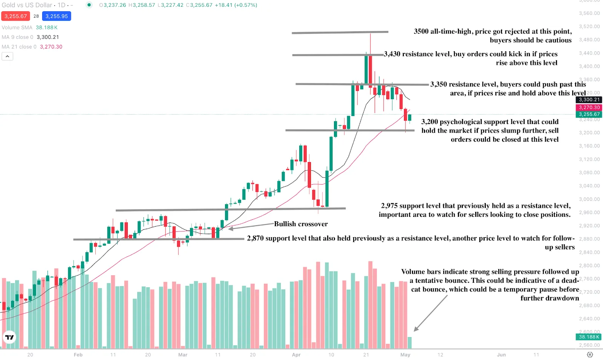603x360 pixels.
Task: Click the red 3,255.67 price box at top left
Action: click(x=15, y=16)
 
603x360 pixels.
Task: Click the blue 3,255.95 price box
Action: click(x=57, y=16)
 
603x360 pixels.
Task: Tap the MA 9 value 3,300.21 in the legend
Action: click(x=48, y=37)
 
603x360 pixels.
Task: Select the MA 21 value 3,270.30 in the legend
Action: click(x=51, y=47)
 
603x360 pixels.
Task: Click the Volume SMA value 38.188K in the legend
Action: click(x=47, y=28)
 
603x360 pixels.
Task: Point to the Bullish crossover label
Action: click(x=301, y=224)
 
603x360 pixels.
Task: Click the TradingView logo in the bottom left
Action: click(x=9, y=337)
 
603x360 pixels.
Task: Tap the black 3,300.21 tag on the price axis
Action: click(x=589, y=100)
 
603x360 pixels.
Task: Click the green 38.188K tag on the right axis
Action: click(x=589, y=337)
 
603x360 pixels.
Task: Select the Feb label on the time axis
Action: click(x=78, y=355)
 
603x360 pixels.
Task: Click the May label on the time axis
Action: click(x=405, y=355)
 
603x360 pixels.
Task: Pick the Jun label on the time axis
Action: click(x=501, y=355)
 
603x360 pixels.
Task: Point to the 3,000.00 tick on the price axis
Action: click(x=589, y=199)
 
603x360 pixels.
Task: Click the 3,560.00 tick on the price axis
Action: click(x=589, y=13)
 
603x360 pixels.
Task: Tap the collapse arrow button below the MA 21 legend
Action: click(x=8, y=57)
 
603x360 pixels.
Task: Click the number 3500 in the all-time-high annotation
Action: click(x=421, y=31)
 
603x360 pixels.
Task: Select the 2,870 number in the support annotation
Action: click(x=255, y=238)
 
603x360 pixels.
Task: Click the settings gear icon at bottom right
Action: click(x=590, y=355)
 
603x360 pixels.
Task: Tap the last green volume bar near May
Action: click(x=410, y=342)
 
